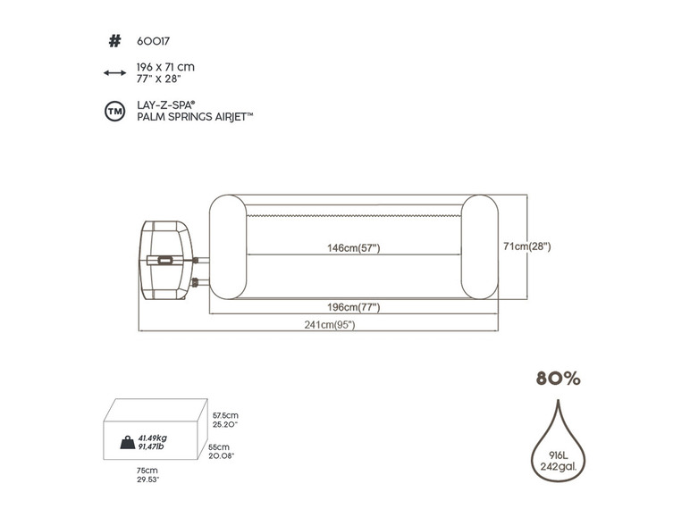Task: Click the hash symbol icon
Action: tap(114, 40)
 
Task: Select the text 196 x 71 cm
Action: tap(164, 67)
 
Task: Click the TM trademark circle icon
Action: tap(114, 112)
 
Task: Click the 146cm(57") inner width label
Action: tap(353, 247)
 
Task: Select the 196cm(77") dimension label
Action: tap(353, 307)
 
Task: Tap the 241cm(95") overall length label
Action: tap(328, 325)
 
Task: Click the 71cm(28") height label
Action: tap(527, 246)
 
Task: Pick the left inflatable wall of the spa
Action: tap(227, 245)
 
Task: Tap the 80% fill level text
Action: tap(558, 379)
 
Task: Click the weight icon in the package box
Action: tap(126, 440)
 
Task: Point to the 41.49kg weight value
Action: tap(153, 437)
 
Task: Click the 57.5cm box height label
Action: tap(225, 415)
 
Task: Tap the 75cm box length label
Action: tap(147, 470)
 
